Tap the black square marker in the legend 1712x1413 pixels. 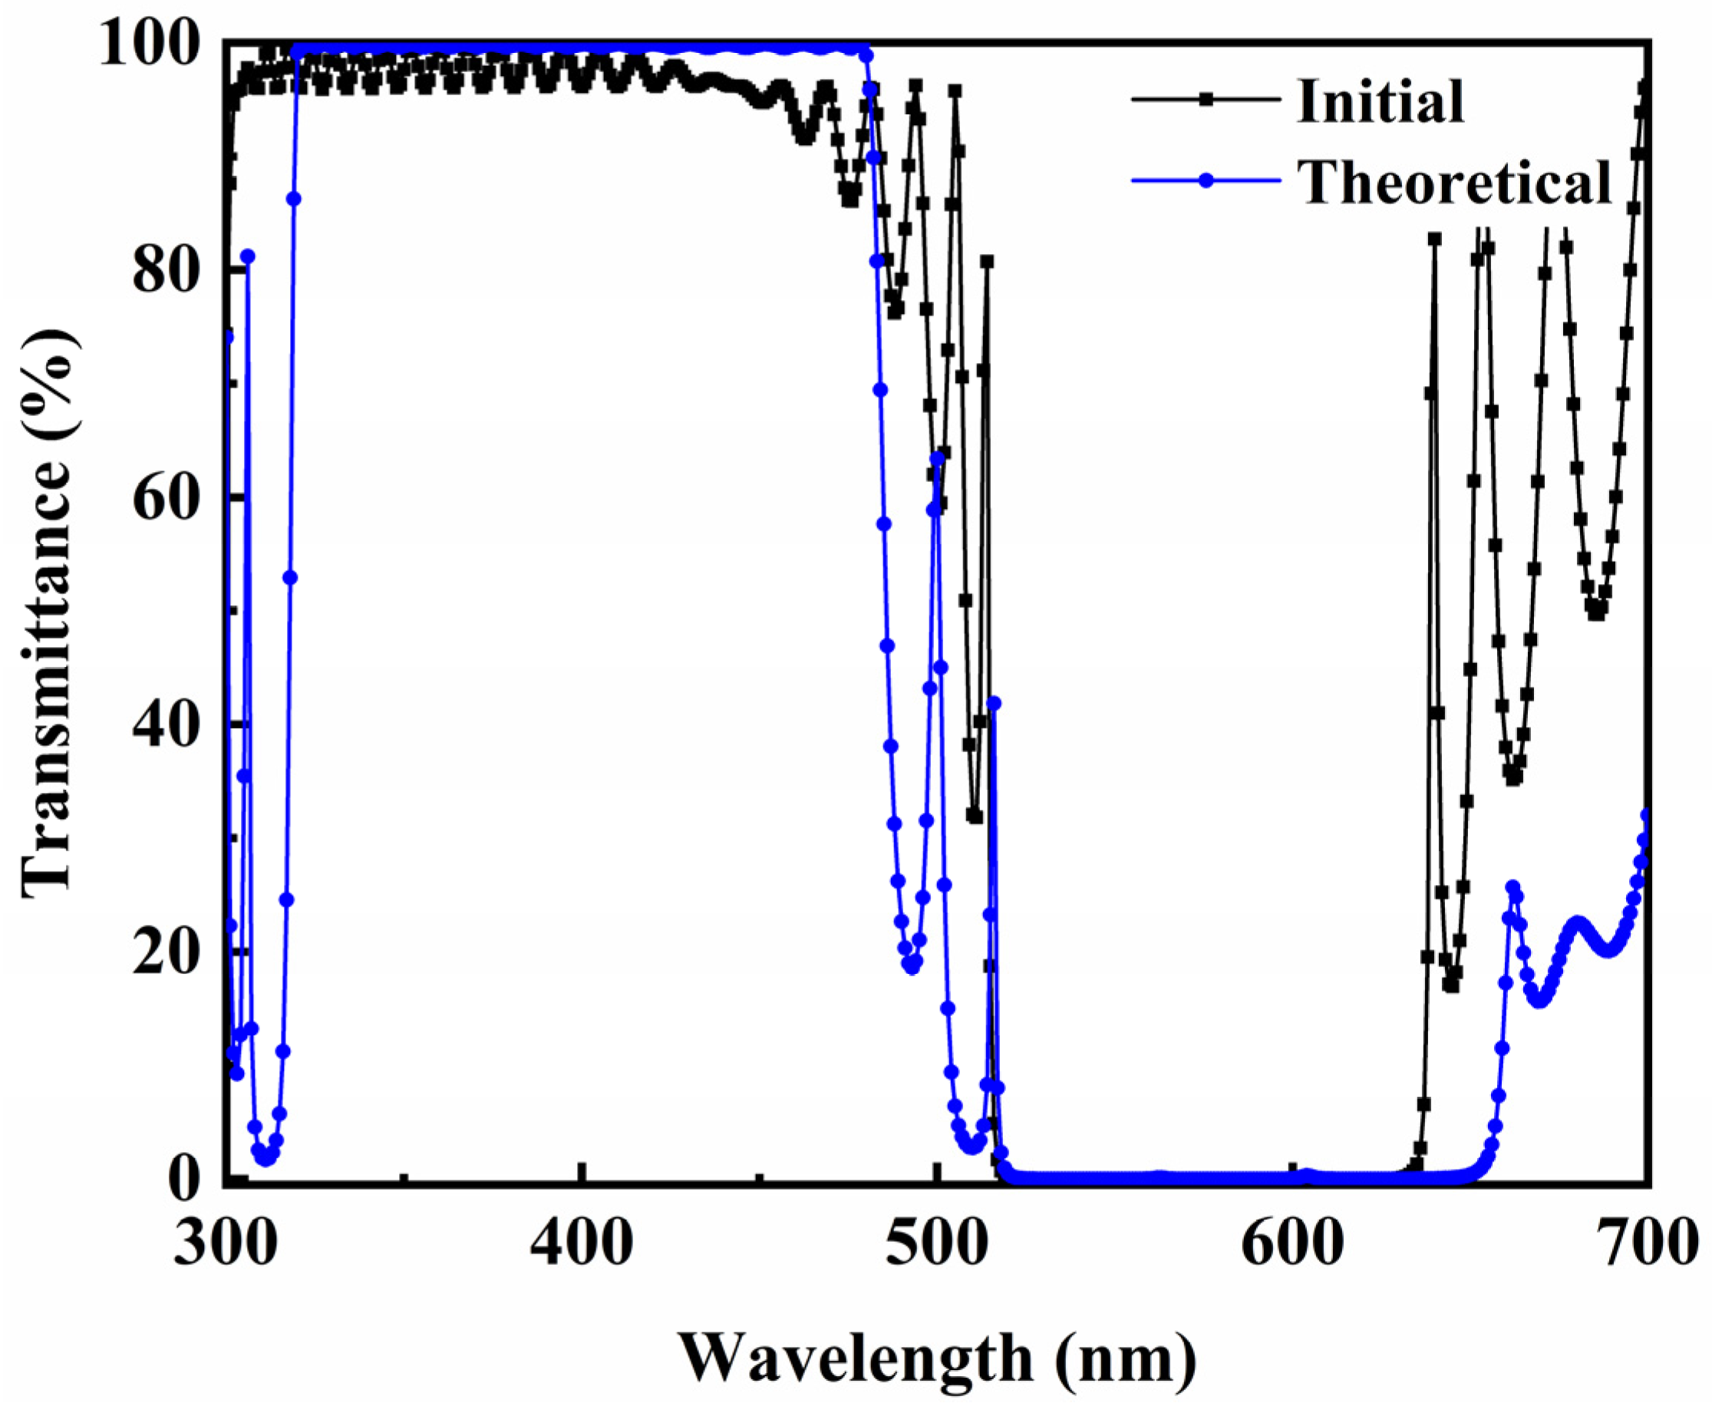click(x=1207, y=99)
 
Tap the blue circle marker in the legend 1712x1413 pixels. click(x=1207, y=180)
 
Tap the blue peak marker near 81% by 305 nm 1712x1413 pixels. click(x=247, y=256)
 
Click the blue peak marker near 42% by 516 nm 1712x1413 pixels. click(x=994, y=703)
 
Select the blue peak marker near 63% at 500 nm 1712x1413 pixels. click(x=938, y=459)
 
